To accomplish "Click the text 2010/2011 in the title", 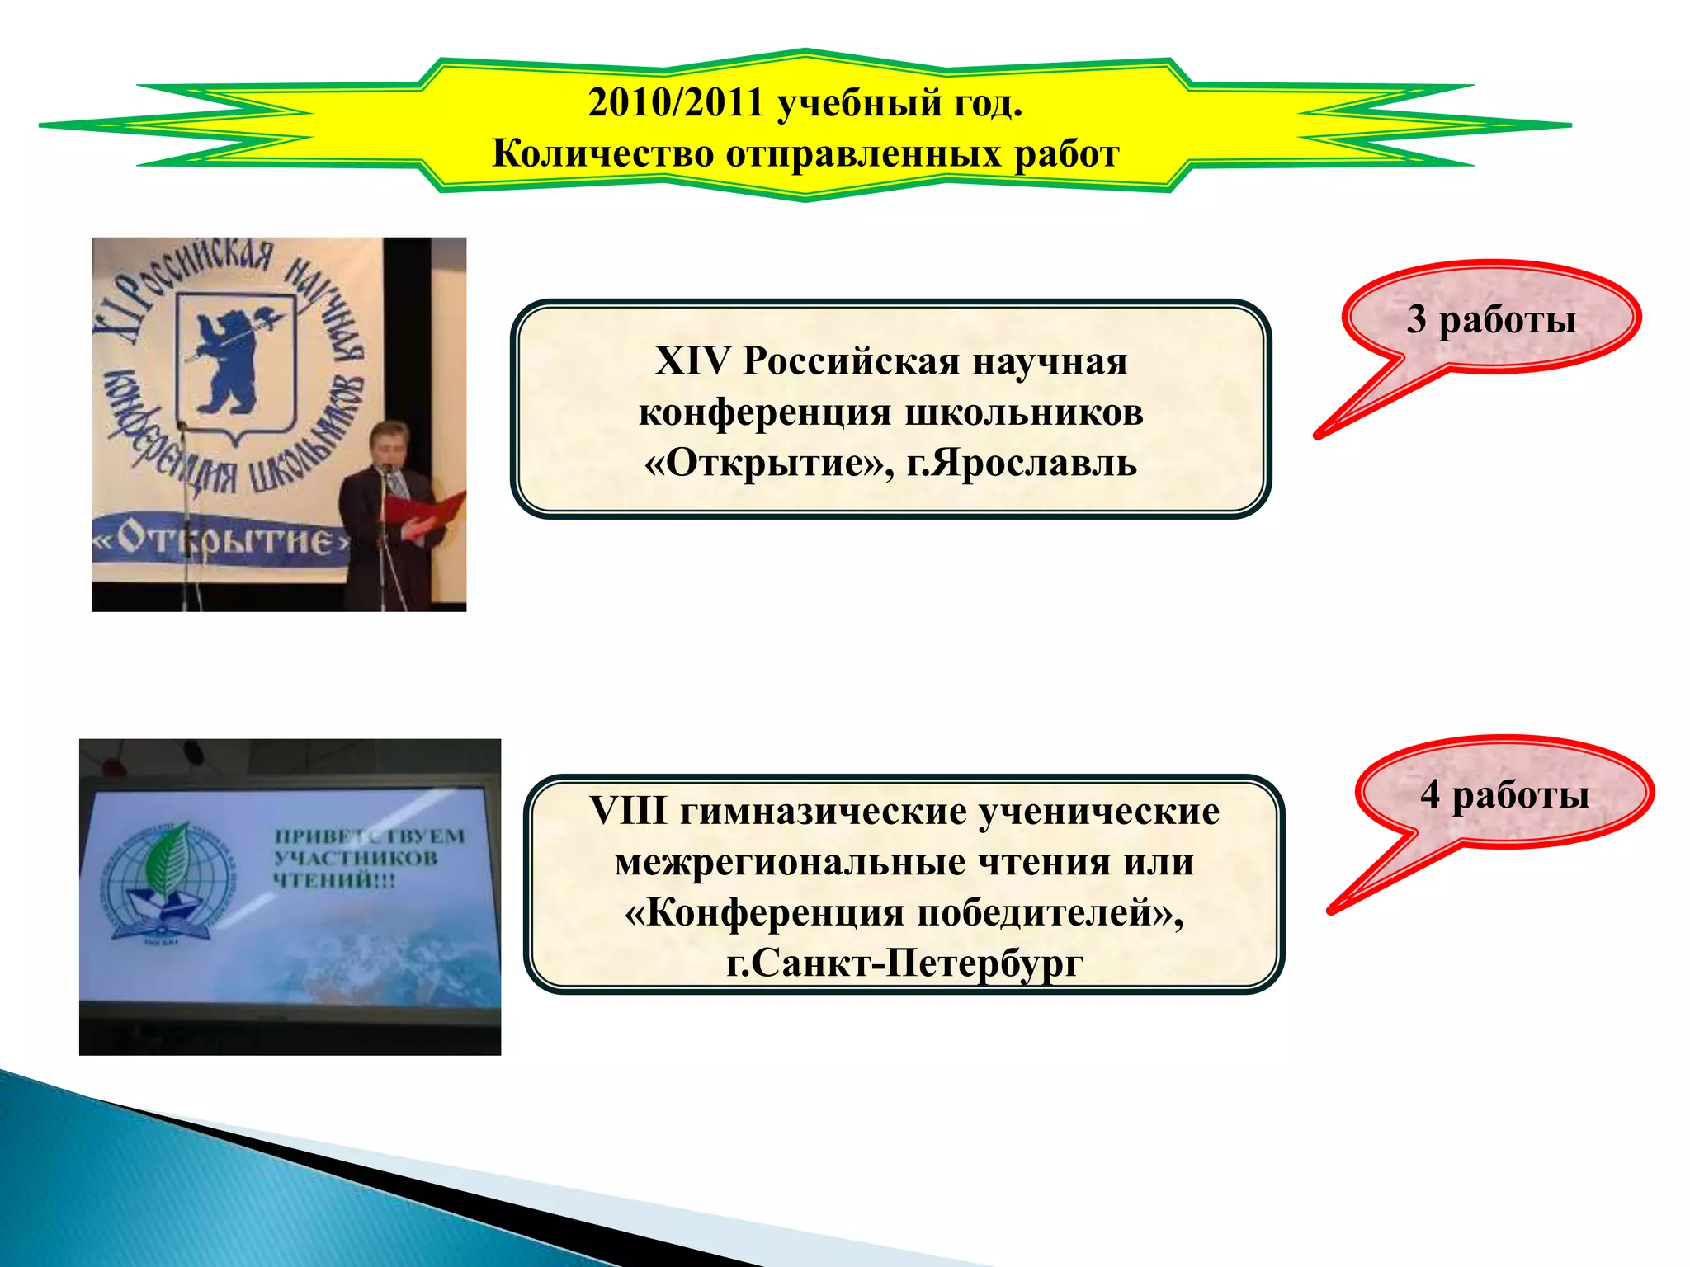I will [675, 104].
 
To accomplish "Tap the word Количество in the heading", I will [602, 154].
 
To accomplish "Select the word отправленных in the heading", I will [863, 154].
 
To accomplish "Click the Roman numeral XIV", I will [692, 361].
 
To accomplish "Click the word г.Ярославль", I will [1022, 464].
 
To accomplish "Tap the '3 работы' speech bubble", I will [1490, 319].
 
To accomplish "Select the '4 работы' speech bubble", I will [1504, 794].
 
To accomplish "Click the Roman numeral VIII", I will [628, 812].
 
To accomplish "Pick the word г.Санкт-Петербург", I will [904, 963].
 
